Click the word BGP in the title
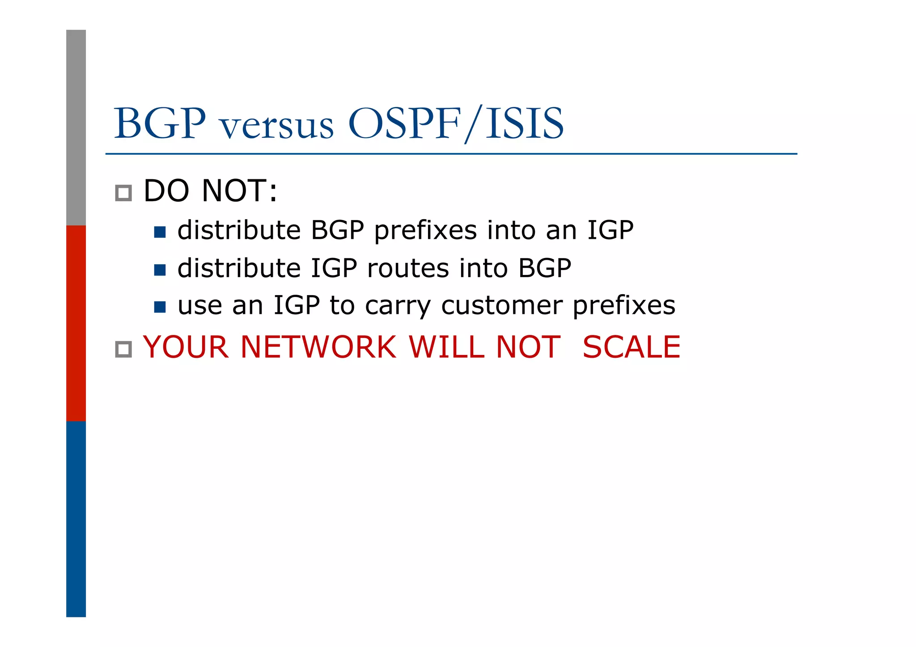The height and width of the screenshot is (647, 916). coord(160,123)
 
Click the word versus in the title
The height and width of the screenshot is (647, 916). coord(277,126)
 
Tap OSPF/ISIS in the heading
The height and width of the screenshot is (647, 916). coord(455,123)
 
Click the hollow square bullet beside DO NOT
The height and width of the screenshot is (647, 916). coord(123,193)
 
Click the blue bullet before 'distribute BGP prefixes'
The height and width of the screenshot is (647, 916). coord(160,232)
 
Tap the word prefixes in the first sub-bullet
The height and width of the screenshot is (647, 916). coord(425,231)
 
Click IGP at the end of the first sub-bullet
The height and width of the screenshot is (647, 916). coord(610,230)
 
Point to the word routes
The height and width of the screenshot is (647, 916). coord(408,268)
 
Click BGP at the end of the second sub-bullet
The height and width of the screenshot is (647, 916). coord(544,268)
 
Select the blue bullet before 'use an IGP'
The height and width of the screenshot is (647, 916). coord(160,307)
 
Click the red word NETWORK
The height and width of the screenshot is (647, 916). coord(318,347)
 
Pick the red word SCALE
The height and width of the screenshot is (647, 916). coord(631,347)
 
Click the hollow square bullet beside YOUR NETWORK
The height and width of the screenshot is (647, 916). coord(123,349)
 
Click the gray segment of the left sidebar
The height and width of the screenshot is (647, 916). coord(76,127)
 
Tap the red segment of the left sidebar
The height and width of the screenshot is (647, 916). coord(76,323)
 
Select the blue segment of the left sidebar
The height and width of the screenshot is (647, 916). coord(76,519)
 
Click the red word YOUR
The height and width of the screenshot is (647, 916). coord(186,347)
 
